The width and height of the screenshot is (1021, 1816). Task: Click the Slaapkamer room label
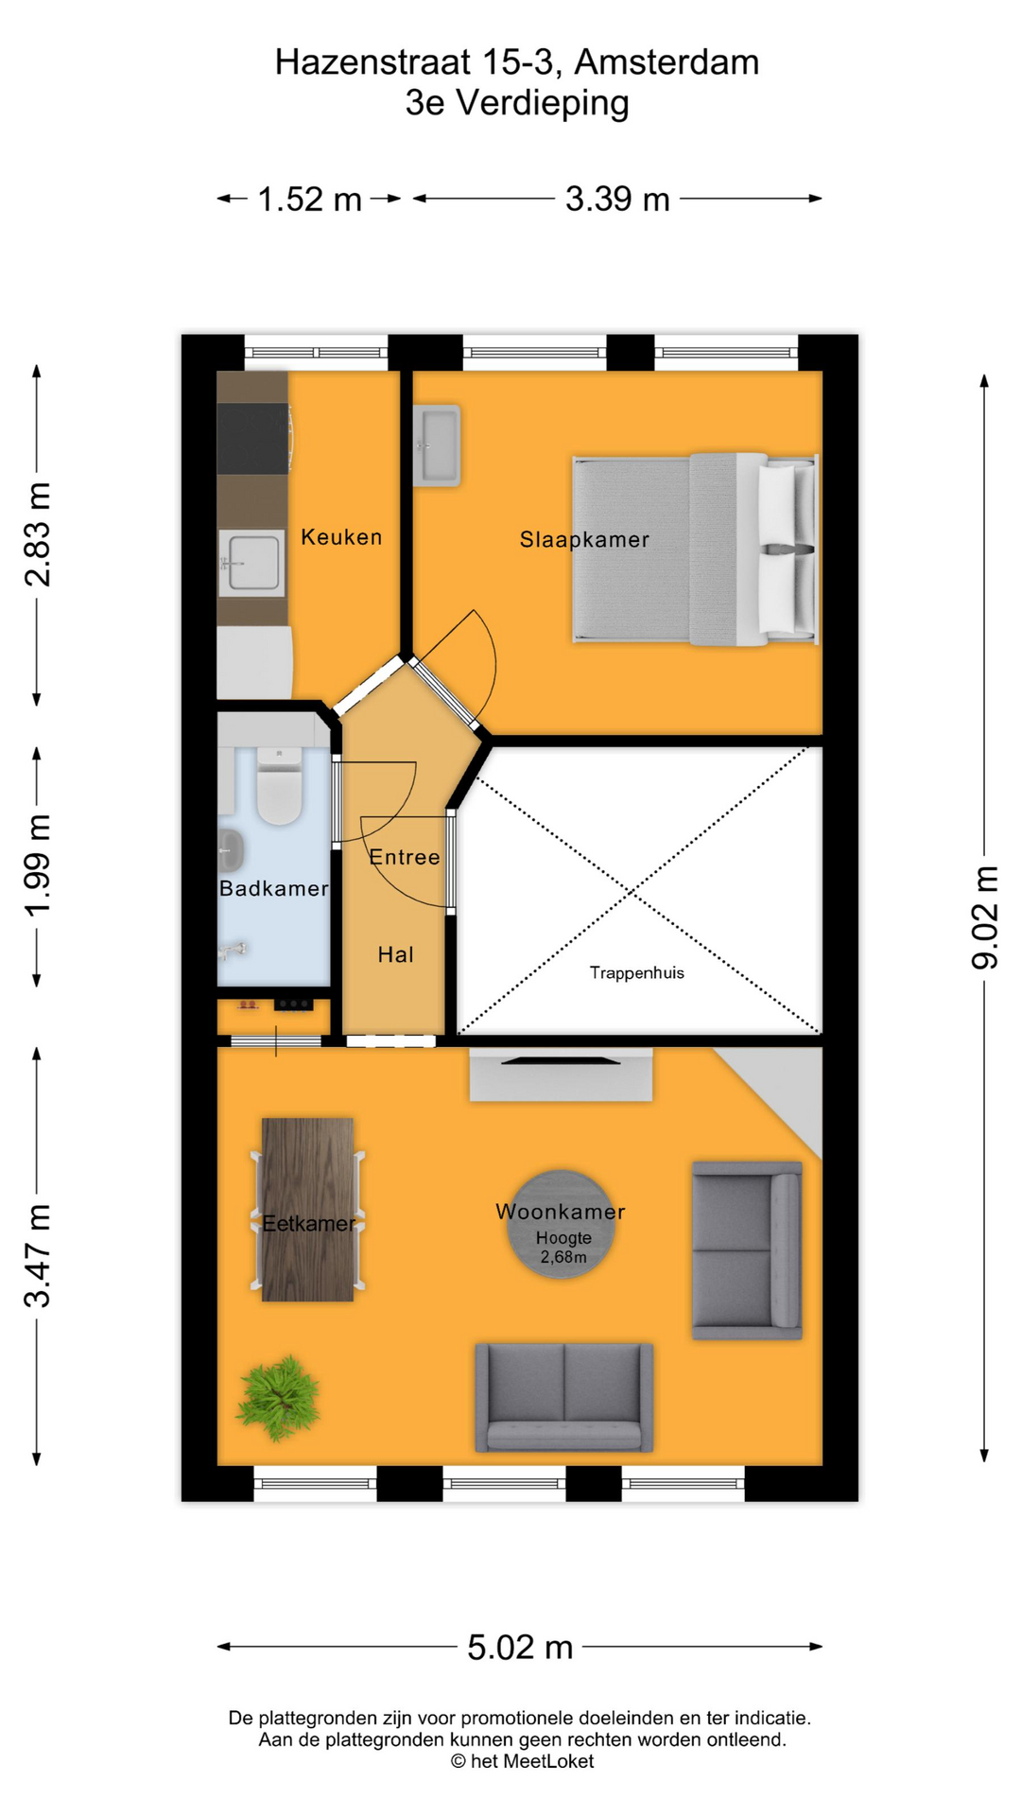click(584, 539)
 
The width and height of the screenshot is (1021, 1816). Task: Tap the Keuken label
click(341, 536)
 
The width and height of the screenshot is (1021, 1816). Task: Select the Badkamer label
click(273, 888)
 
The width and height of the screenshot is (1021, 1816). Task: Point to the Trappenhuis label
click(636, 972)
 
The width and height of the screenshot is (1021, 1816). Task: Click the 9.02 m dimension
click(984, 917)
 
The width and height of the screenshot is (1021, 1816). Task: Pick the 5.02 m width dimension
click(520, 1647)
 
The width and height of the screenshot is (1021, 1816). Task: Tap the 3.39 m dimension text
click(617, 199)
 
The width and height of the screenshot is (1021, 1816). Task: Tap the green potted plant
click(278, 1398)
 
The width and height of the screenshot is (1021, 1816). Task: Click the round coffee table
click(562, 1225)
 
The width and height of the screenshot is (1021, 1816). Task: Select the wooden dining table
click(307, 1210)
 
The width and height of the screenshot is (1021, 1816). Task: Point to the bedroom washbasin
click(437, 445)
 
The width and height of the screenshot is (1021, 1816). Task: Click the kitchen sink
click(251, 563)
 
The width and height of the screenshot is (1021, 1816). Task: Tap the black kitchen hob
click(252, 438)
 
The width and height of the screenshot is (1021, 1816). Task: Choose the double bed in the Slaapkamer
click(695, 549)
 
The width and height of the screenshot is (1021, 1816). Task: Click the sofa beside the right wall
click(747, 1249)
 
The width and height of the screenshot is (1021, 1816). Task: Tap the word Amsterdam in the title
click(666, 62)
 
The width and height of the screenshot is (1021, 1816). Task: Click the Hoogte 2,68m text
click(563, 1248)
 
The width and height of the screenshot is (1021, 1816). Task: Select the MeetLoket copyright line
click(522, 1761)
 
